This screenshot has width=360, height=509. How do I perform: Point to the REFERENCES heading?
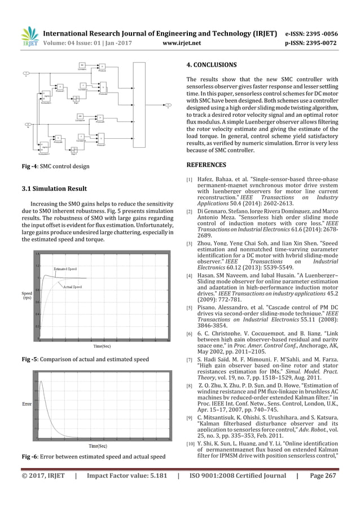pyautogui.click(x=206, y=165)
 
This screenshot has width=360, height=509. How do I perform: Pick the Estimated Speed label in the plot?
pyautogui.click(x=66, y=270)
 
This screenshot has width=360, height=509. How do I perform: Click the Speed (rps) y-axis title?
pyautogui.click(x=27, y=296)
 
